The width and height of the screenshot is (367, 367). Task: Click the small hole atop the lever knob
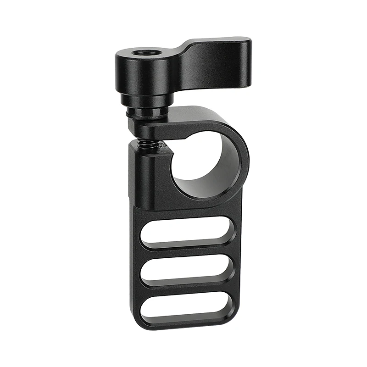tap(140, 53)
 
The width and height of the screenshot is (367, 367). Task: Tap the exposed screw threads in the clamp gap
tap(148, 145)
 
